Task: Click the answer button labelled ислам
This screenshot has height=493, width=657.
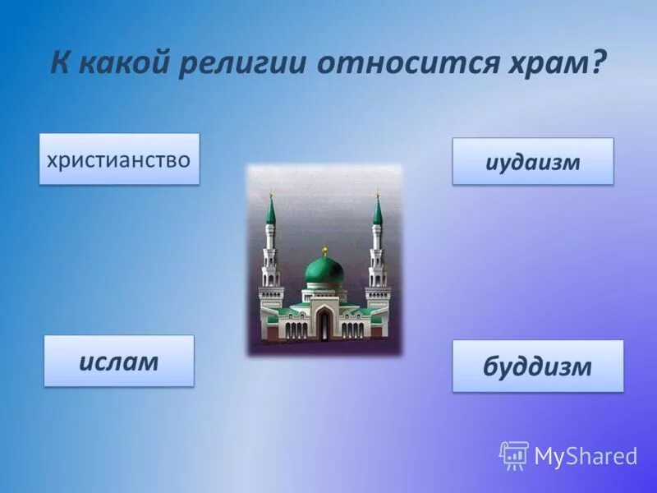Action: pyautogui.click(x=119, y=361)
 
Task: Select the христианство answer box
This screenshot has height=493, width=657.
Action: pyautogui.click(x=119, y=159)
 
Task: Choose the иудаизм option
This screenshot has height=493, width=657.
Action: pyautogui.click(x=532, y=161)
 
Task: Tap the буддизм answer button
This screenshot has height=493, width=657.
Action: pyautogui.click(x=537, y=366)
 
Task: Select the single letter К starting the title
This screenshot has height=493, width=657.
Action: pyautogui.click(x=59, y=63)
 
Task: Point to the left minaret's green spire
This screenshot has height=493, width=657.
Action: pyautogui.click(x=270, y=211)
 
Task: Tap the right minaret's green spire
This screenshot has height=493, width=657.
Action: pyautogui.click(x=378, y=211)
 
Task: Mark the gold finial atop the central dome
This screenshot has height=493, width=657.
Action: pyautogui.click(x=324, y=249)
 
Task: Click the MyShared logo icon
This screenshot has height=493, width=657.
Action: pyautogui.click(x=514, y=455)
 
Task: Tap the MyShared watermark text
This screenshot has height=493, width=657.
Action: pyautogui.click(x=586, y=456)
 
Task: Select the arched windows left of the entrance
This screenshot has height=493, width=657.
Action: pyautogui.click(x=296, y=329)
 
